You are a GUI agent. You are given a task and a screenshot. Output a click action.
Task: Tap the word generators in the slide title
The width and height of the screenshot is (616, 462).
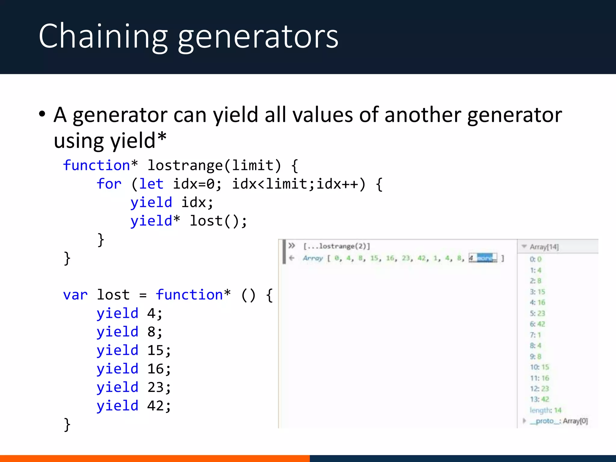[x=258, y=37]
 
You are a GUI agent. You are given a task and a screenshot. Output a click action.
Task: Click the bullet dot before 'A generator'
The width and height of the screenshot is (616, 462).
[x=42, y=114]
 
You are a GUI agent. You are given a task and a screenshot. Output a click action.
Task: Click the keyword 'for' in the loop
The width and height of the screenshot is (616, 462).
[x=109, y=184]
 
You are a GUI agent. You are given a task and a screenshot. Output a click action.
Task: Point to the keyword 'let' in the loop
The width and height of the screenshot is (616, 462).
[x=151, y=184]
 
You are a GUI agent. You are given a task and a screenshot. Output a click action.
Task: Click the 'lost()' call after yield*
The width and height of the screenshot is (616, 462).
[x=218, y=221]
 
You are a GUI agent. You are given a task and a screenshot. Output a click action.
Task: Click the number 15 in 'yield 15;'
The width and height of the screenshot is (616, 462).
[x=155, y=350]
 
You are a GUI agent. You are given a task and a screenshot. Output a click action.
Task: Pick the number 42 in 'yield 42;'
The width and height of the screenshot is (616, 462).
[x=155, y=406]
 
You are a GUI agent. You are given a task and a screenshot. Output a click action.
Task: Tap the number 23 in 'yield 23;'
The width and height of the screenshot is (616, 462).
[x=155, y=387]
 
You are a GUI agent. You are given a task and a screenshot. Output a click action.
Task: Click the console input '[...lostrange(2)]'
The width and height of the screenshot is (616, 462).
[x=337, y=246]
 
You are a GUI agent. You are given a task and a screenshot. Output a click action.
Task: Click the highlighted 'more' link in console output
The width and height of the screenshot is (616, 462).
[x=485, y=258]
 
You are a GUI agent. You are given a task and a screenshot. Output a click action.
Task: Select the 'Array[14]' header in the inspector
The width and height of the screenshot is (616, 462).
[x=544, y=247]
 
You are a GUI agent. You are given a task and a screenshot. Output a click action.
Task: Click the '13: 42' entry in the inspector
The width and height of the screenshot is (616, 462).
[x=539, y=399]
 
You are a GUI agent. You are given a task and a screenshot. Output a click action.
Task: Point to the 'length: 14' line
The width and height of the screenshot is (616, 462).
[x=545, y=410]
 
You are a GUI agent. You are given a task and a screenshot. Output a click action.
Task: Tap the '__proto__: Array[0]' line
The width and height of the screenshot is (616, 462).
[x=559, y=421]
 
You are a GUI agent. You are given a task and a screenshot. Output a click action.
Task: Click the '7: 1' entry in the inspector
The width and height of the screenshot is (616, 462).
[x=535, y=335]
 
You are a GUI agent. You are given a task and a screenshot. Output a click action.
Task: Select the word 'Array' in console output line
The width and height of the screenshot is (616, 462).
[x=313, y=258]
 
